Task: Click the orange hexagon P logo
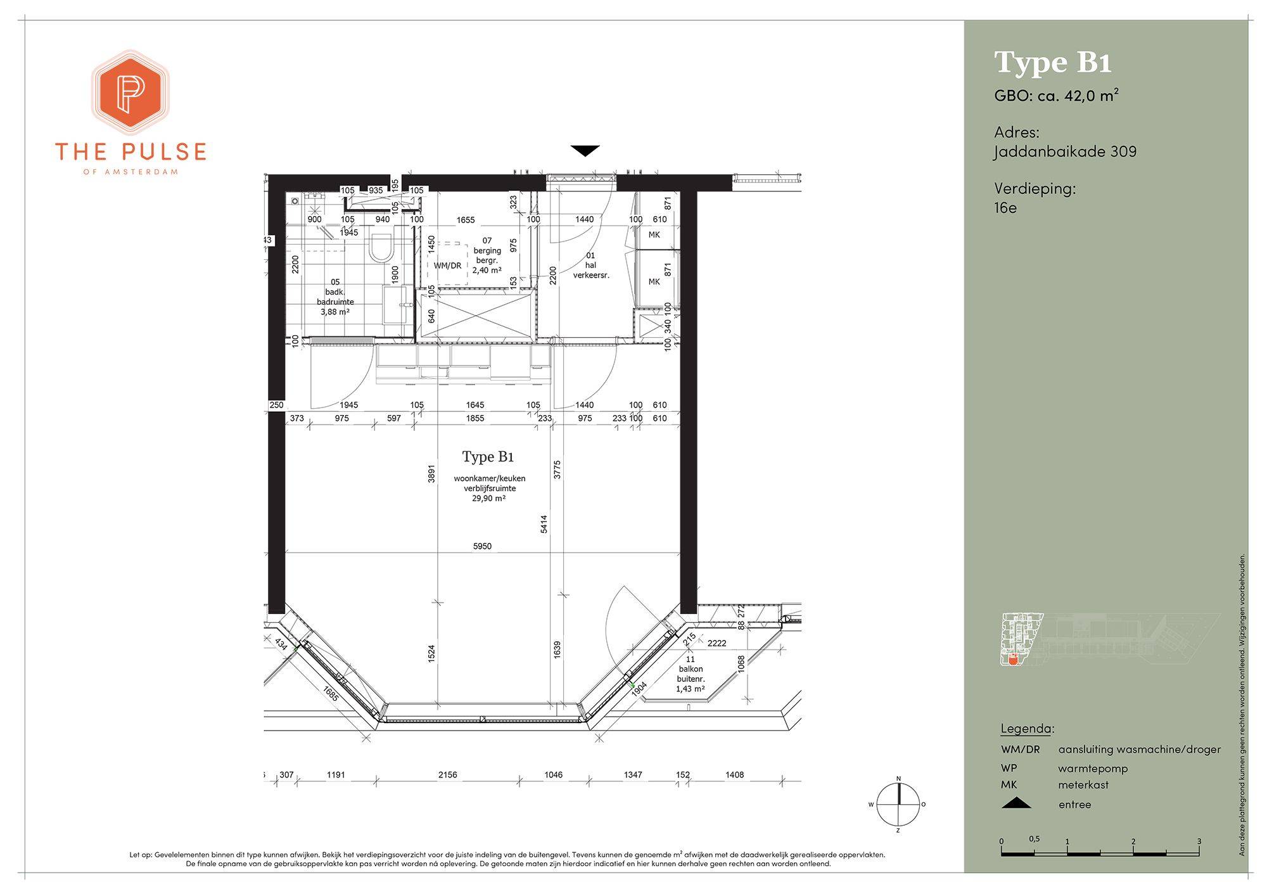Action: tap(130, 93)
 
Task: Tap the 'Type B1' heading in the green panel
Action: tap(1053, 63)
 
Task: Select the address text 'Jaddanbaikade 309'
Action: tap(1065, 152)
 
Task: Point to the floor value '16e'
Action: tap(1005, 208)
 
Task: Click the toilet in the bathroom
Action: tap(381, 248)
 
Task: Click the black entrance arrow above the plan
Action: tap(584, 151)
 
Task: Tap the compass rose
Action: tap(898, 805)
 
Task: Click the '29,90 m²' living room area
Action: tap(488, 499)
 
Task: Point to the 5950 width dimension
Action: tap(482, 546)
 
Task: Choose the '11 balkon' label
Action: tap(691, 664)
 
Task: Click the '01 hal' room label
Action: tap(590, 260)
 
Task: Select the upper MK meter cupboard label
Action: tap(654, 235)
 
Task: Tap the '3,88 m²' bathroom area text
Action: tap(335, 312)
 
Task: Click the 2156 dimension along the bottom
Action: tap(447, 774)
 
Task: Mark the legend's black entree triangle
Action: tap(1016, 803)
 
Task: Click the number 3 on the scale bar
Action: tap(1199, 842)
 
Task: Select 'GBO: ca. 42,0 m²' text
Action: tap(1056, 96)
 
